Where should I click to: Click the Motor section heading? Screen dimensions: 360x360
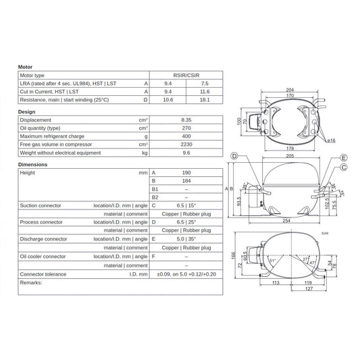[25, 68]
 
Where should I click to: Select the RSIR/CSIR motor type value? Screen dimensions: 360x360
[186, 76]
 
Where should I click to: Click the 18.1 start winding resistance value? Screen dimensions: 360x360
[205, 100]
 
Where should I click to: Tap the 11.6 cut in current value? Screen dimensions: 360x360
[205, 92]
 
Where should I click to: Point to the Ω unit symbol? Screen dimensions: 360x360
[145, 100]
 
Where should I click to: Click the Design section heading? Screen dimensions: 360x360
[26, 112]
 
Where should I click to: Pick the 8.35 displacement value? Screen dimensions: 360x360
[186, 120]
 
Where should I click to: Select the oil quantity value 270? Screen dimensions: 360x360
[186, 128]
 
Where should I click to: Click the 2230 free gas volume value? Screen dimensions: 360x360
[186, 145]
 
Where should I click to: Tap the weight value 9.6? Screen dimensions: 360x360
[186, 153]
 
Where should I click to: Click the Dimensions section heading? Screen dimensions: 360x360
[32, 164]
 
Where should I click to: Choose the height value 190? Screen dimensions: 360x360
[186, 173]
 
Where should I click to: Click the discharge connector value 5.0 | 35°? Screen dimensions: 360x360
[186, 239]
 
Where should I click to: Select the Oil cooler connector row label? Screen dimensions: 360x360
[43, 257]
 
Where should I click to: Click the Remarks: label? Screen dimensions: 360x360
[31, 283]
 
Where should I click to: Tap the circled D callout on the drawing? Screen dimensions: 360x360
[234, 157]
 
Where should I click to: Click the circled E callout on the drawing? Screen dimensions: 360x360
[343, 157]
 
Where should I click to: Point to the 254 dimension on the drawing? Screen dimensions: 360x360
[287, 220]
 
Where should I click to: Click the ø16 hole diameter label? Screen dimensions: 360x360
[332, 140]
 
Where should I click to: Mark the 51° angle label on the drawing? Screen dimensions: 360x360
[273, 260]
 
